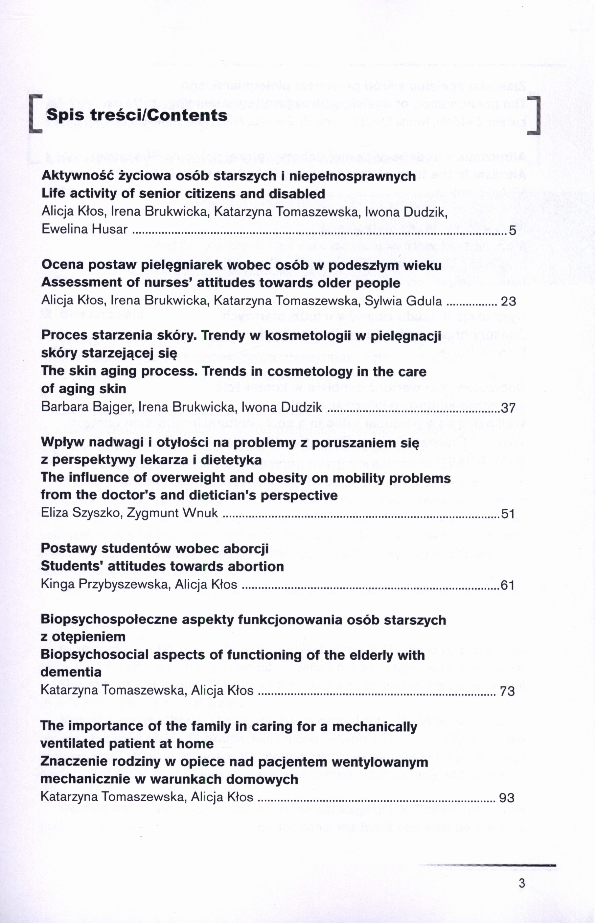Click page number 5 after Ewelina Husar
(512, 231)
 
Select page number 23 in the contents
(508, 301)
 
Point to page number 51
(508, 514)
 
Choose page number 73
(507, 691)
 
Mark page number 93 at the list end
(507, 798)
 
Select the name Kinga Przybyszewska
(106, 585)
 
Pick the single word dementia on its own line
(71, 673)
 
